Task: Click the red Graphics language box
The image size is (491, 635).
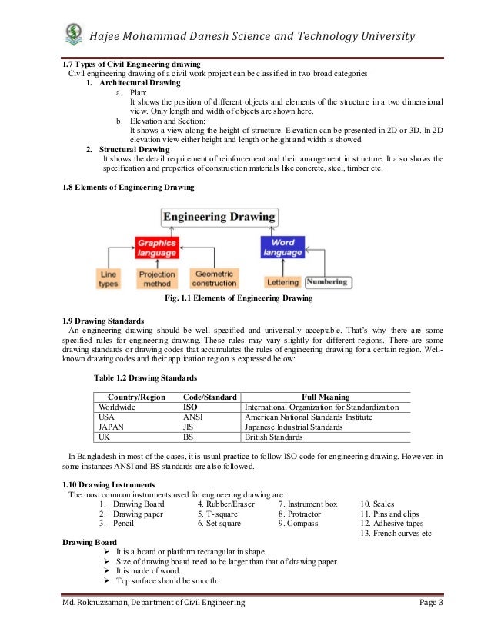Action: (x=158, y=247)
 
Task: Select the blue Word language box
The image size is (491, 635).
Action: (x=282, y=247)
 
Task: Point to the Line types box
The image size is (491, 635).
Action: (x=109, y=278)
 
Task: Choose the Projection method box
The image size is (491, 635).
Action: (x=157, y=278)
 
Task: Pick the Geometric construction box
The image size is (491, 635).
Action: (x=215, y=278)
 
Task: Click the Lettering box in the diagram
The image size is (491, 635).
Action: (x=282, y=282)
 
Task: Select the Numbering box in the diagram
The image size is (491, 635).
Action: (x=328, y=282)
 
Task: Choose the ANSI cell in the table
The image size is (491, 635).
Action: (x=192, y=417)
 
